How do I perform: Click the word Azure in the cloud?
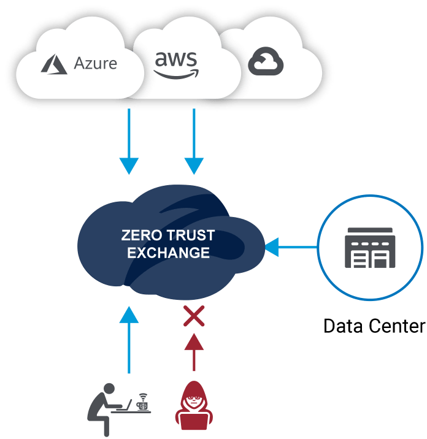[x=95, y=64]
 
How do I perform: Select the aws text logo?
[x=176, y=60]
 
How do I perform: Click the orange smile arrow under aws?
[x=176, y=75]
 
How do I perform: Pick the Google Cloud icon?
[x=265, y=63]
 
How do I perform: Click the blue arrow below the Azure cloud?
[x=129, y=141]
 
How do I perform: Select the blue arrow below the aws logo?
[x=194, y=141]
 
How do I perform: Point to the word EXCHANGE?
[x=168, y=252]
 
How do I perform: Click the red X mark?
[x=194, y=317]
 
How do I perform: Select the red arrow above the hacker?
[x=194, y=353]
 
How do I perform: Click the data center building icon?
[x=369, y=248]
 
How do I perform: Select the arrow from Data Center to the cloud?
[x=291, y=248]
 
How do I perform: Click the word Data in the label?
[x=344, y=325]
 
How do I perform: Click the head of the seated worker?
[x=109, y=388]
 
